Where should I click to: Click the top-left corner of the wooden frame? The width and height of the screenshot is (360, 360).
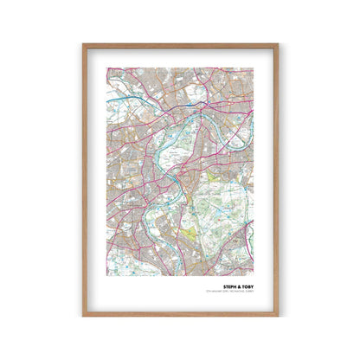coord(83,44)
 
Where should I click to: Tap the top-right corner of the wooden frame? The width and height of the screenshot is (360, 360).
coord(277,44)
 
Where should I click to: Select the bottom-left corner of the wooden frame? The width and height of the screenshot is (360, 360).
coord(83,316)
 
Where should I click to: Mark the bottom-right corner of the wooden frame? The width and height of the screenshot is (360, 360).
coord(277,316)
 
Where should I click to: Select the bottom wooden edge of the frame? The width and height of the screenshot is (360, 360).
coord(180,315)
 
